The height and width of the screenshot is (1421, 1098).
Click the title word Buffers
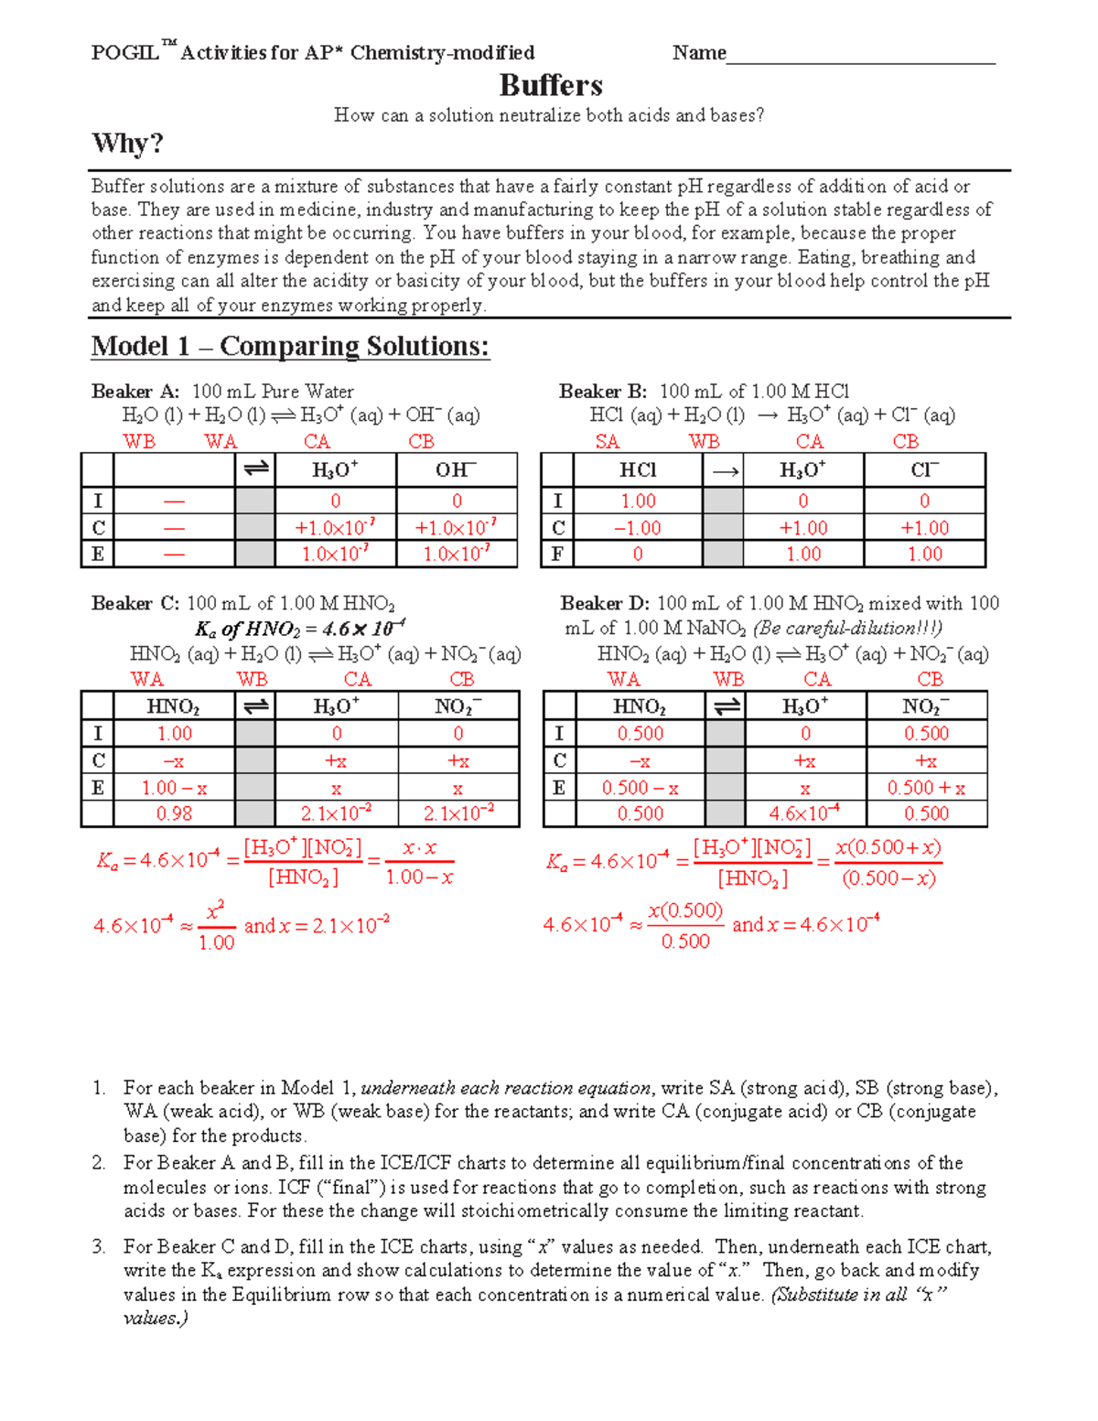click(551, 86)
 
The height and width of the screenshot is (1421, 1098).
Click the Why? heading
click(127, 144)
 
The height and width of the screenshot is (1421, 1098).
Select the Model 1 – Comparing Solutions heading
click(290, 346)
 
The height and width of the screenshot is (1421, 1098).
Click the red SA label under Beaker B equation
click(608, 442)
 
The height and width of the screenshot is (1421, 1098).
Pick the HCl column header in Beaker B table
click(638, 470)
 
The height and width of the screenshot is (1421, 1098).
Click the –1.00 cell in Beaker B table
click(638, 528)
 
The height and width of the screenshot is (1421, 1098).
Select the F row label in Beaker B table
click(557, 554)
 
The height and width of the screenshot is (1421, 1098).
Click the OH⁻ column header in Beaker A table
click(456, 470)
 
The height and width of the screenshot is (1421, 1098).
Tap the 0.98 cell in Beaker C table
click(174, 813)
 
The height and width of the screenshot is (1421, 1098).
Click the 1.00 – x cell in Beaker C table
click(174, 788)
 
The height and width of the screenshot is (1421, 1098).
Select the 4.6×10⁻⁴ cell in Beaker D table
click(804, 813)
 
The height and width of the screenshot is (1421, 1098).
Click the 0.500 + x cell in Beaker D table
click(926, 788)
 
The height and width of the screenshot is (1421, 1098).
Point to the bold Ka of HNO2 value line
click(300, 629)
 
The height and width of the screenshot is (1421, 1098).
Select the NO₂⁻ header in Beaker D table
click(925, 706)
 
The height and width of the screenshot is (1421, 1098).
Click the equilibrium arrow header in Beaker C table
click(255, 706)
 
